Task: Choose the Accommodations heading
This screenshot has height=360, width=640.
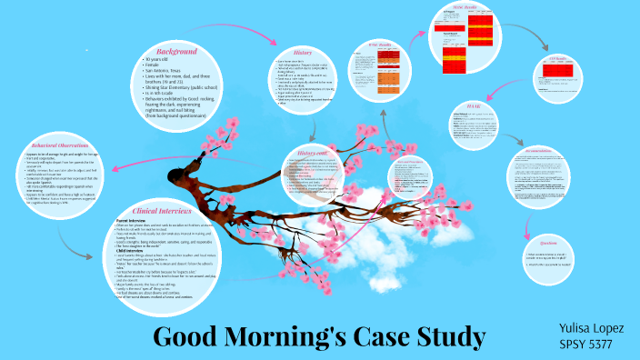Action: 545,151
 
